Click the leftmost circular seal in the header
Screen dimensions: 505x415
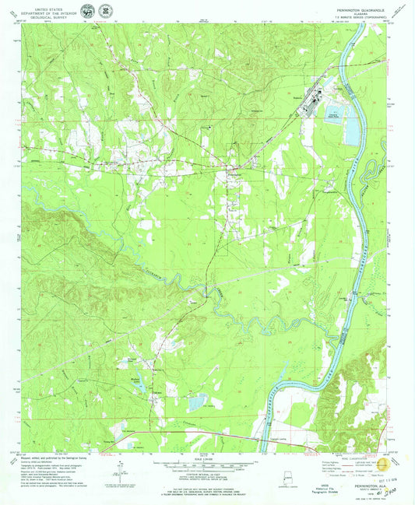point(83,12)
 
